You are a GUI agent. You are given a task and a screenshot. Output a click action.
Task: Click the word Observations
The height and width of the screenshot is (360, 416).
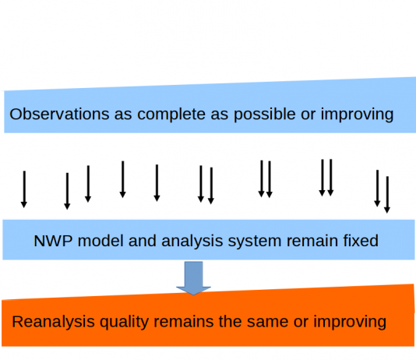click(59, 114)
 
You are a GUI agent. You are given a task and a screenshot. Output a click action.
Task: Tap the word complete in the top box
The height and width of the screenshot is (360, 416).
click(171, 115)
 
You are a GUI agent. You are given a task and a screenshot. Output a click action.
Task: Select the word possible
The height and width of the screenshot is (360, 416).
click(265, 115)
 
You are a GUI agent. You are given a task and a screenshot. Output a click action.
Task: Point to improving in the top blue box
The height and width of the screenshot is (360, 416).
click(357, 115)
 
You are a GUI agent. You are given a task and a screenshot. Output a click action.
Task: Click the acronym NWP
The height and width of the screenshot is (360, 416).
click(53, 241)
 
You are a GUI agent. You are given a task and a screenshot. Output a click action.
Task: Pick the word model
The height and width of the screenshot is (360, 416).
click(100, 241)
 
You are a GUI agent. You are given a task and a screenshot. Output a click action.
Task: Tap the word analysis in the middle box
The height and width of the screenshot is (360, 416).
click(192, 242)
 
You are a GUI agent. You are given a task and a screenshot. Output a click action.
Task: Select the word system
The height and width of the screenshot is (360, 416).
click(255, 242)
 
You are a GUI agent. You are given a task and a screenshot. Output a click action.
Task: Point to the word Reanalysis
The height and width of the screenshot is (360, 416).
click(53, 322)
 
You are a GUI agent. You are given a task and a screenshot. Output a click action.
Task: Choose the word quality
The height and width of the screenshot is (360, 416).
click(124, 323)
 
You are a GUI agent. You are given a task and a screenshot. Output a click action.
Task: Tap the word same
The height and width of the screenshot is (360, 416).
click(267, 323)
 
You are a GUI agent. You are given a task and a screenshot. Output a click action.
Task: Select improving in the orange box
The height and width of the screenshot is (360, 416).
click(350, 323)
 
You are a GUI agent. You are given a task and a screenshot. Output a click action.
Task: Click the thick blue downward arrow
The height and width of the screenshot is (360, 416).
click(194, 278)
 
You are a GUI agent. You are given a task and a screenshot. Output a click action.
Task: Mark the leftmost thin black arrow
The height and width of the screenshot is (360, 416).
click(24, 189)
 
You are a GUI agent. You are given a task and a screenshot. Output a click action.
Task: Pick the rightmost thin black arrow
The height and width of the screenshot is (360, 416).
click(387, 195)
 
